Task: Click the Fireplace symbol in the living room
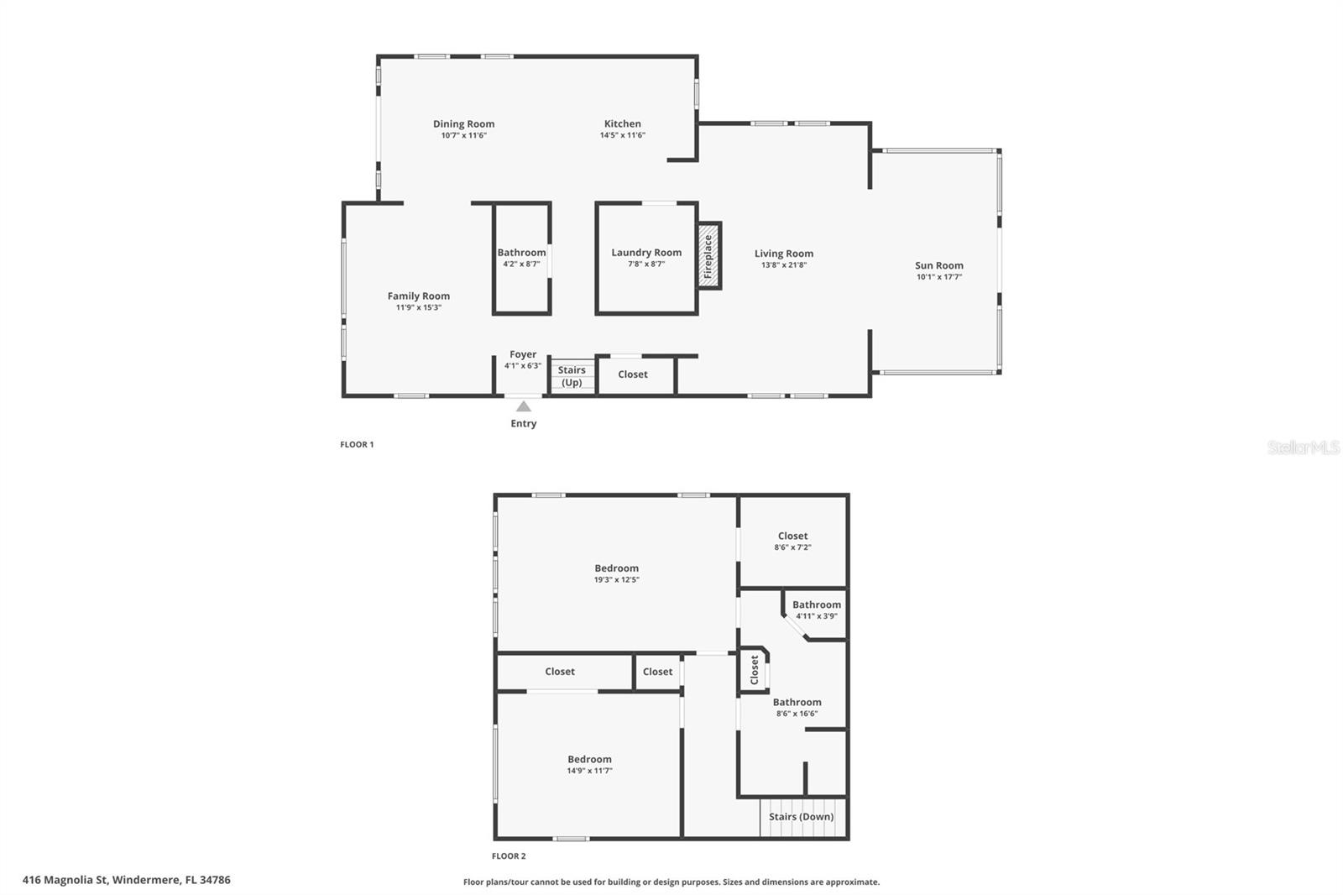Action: click(x=709, y=256)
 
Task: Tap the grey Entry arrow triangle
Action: click(x=523, y=406)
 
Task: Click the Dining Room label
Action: click(x=463, y=124)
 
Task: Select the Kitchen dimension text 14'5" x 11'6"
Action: click(x=622, y=135)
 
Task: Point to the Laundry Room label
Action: click(x=646, y=253)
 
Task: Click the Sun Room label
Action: click(x=938, y=265)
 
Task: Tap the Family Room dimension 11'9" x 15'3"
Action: click(x=418, y=307)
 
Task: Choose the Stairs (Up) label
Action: click(x=572, y=376)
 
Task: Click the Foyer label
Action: click(x=523, y=354)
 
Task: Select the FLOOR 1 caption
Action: click(x=357, y=444)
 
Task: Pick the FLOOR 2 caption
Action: click(x=509, y=856)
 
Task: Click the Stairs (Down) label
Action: click(x=801, y=817)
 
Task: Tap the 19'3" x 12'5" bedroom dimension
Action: click(x=616, y=579)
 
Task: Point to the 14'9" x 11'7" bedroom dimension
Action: click(x=589, y=771)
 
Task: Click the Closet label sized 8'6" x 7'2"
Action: click(x=792, y=536)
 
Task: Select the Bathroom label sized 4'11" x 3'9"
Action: click(x=816, y=605)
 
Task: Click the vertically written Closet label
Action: click(x=754, y=670)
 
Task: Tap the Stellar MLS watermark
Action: click(x=1303, y=447)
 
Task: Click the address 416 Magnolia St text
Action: click(x=126, y=880)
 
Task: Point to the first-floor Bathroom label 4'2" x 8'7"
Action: click(x=521, y=253)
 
